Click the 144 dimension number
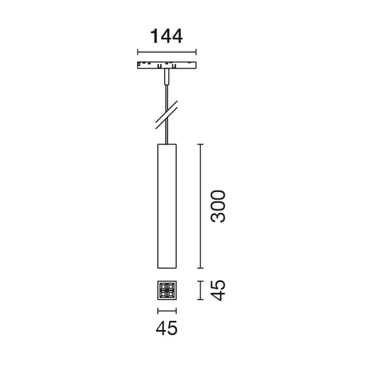coord(166,36)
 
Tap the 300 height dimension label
coord(218,206)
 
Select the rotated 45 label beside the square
coord(218,290)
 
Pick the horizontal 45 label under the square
coord(167,328)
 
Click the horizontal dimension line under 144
coord(166,53)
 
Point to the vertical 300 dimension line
coord(200,206)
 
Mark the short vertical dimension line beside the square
coord(200,290)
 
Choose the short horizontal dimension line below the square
coord(167,311)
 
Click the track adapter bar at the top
coord(166,64)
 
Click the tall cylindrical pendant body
coord(167,206)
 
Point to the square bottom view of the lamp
coord(167,291)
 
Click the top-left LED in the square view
coord(164,287)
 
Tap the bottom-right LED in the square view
coord(170,294)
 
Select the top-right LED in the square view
coord(170,287)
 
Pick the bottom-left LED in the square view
coord(164,294)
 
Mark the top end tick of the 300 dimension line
coord(200,144)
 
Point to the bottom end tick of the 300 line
coord(200,268)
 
